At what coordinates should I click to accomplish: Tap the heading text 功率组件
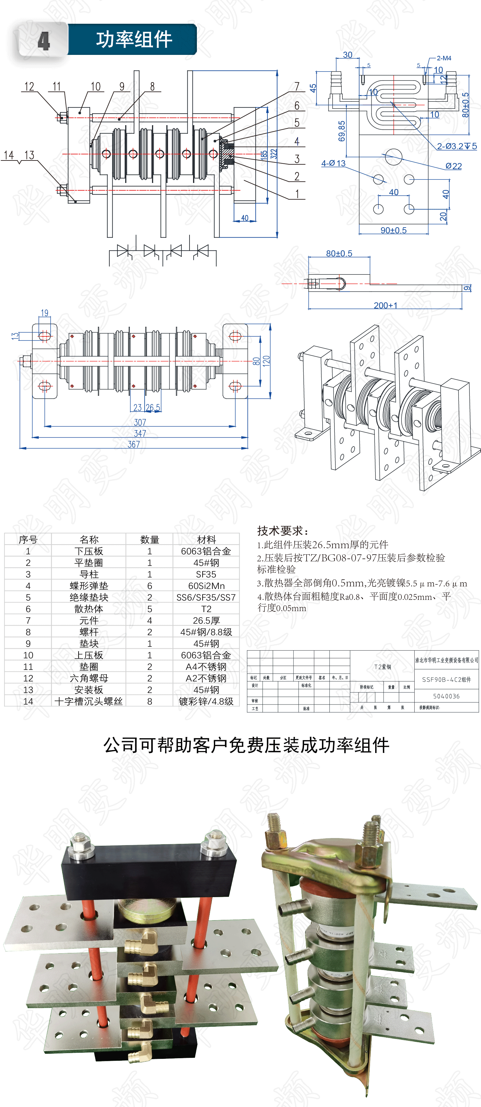point(134,39)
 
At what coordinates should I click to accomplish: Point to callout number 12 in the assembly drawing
point(29,86)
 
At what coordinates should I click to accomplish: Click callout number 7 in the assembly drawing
point(297,86)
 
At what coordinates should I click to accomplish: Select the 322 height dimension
point(274,154)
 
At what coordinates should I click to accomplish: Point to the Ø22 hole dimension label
point(453,166)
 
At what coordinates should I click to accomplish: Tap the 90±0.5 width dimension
point(393,230)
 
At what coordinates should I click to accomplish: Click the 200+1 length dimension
point(385,305)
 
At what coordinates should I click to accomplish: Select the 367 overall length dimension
point(134,444)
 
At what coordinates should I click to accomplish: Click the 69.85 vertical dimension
point(342,131)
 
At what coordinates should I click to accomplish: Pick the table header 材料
point(206,539)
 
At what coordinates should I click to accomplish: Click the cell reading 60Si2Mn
point(206,586)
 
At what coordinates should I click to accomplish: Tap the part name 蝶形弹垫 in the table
point(89,586)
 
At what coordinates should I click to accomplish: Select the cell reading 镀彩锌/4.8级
point(206,701)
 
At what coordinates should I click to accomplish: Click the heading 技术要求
point(283,531)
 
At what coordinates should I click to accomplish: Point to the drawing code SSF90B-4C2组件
point(446,679)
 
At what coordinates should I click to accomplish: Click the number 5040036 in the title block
point(446,696)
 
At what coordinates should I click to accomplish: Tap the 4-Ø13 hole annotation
point(333,163)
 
